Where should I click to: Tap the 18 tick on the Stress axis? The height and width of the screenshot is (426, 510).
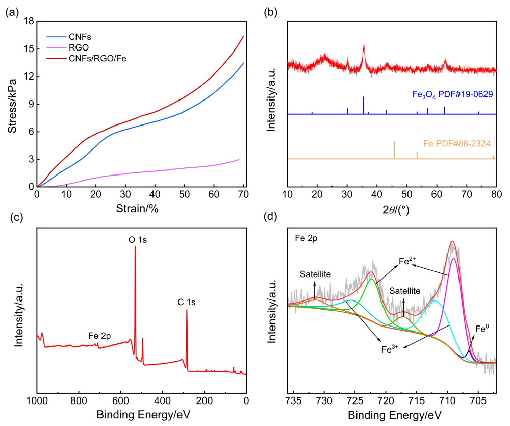click(29, 21)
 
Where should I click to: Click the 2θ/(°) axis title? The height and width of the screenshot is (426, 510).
click(392, 209)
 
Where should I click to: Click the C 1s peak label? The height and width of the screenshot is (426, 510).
click(187, 302)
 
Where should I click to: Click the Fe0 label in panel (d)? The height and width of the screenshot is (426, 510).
click(481, 329)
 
